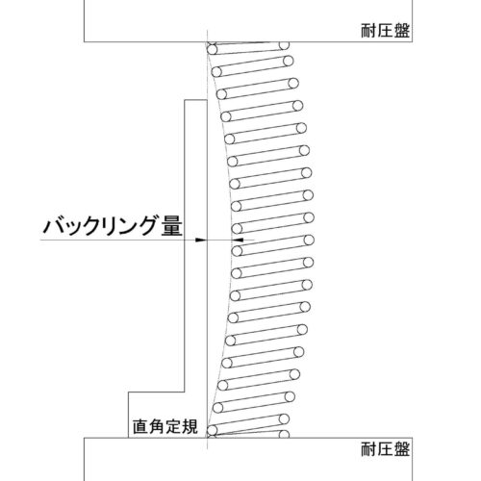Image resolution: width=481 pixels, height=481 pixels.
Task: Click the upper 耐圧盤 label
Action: tap(385, 31)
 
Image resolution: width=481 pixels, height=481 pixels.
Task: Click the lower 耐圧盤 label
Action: tap(385, 449)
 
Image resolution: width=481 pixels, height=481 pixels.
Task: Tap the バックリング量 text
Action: tap(113, 226)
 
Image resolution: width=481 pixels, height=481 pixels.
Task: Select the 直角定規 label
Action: tap(165, 426)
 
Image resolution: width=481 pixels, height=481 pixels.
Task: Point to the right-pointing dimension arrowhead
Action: tap(200, 240)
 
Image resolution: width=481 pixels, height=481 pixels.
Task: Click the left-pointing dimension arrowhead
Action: tap(239, 240)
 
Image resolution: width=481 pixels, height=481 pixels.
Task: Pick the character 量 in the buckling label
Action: tap(172, 226)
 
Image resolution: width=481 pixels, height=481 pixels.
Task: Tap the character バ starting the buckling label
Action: tap(54, 226)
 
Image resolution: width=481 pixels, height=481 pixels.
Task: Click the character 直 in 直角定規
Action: tap(140, 426)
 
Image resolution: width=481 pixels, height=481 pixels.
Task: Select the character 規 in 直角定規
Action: tap(190, 426)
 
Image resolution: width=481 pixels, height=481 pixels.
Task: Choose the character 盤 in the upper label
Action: tap(402, 31)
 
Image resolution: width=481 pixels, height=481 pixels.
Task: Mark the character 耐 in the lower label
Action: tap(368, 449)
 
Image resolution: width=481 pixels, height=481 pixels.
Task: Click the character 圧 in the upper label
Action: tap(385, 31)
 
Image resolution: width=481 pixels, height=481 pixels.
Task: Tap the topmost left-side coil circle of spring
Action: tap(212, 50)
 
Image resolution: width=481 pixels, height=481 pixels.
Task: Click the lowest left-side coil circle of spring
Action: tap(212, 430)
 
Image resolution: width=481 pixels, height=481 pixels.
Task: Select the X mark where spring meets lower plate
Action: tap(212, 436)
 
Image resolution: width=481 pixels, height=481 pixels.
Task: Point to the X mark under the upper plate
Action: tap(212, 43)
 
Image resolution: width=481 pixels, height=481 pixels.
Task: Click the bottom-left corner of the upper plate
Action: tap(85, 41)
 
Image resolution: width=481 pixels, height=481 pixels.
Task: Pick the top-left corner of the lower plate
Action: tap(85, 438)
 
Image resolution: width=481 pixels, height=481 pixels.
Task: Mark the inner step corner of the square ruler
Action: tap(185, 392)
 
